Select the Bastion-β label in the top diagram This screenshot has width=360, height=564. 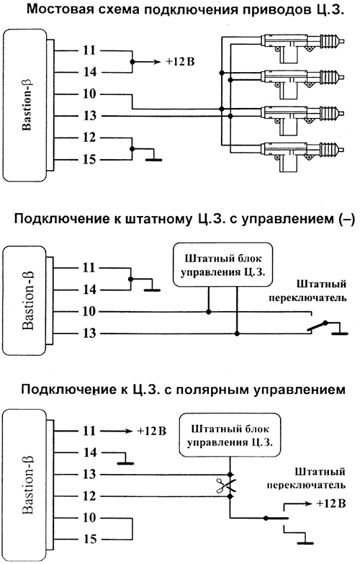click(x=25, y=104)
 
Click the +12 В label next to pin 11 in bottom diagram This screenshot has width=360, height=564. click(x=151, y=431)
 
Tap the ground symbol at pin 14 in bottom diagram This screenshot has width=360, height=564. click(x=127, y=463)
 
